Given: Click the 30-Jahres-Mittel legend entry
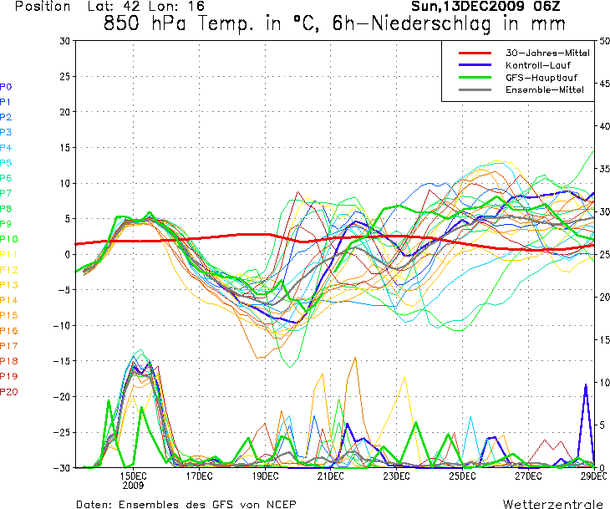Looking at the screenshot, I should [x=547, y=53].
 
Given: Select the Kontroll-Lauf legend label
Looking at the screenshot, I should [x=535, y=65].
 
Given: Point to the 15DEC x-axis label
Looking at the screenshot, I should [x=134, y=476].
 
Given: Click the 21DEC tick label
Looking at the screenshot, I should [x=330, y=476].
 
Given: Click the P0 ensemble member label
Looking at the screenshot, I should [x=6, y=87].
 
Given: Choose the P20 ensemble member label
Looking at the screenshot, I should [x=8, y=392].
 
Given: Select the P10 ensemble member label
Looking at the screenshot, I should [x=8, y=240].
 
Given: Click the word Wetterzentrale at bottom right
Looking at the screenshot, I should [x=553, y=504].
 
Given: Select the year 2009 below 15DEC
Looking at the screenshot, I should [x=134, y=485].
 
